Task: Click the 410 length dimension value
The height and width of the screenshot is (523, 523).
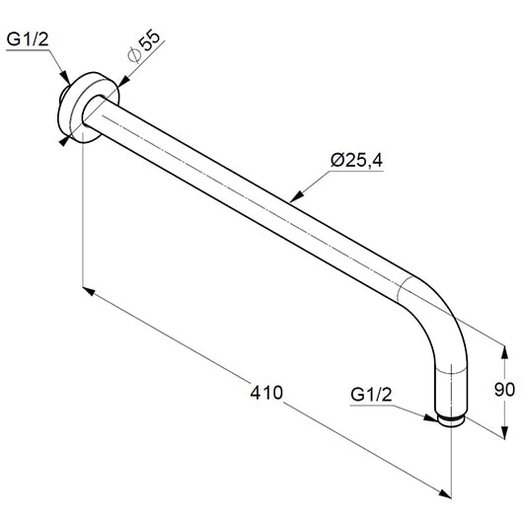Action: (266, 393)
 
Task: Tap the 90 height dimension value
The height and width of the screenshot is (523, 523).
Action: (504, 390)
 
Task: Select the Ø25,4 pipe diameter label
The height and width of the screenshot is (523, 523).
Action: (356, 161)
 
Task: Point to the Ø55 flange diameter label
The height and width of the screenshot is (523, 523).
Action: (144, 46)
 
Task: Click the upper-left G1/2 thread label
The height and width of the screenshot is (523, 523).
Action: (28, 39)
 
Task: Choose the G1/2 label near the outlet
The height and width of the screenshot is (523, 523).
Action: (372, 395)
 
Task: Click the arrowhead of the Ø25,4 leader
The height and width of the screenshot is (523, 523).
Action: (296, 196)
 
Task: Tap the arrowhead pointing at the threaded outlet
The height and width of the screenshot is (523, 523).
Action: (430, 417)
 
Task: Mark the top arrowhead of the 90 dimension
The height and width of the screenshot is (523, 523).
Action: (504, 353)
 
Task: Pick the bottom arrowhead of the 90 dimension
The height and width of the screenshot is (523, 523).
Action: (505, 432)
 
